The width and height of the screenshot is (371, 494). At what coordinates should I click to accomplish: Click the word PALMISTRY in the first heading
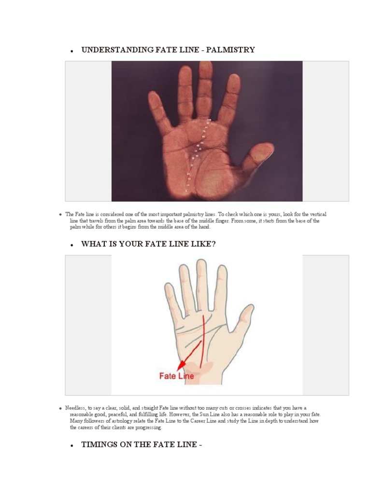pyautogui.click(x=230, y=50)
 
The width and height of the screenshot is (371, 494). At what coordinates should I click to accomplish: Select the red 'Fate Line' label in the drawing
pyautogui.click(x=176, y=376)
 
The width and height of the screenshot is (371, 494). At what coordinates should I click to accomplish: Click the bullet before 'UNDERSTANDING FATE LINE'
pyautogui.click(x=71, y=51)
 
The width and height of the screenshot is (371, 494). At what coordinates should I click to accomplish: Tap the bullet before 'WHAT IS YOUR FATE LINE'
pyautogui.click(x=71, y=245)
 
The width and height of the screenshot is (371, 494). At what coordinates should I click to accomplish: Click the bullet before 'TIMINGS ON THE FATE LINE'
pyautogui.click(x=71, y=446)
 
